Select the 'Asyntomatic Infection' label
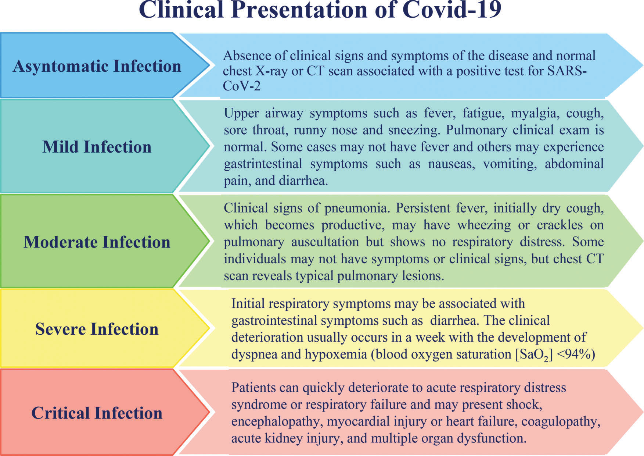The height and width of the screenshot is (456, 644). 97,66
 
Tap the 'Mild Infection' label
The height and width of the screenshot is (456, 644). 97,147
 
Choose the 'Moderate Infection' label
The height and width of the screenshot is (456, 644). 97,242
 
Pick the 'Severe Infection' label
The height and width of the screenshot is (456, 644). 97,329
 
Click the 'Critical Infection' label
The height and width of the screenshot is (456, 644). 97,413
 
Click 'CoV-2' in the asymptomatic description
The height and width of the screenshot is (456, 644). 242,86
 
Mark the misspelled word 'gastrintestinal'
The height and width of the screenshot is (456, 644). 263,164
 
